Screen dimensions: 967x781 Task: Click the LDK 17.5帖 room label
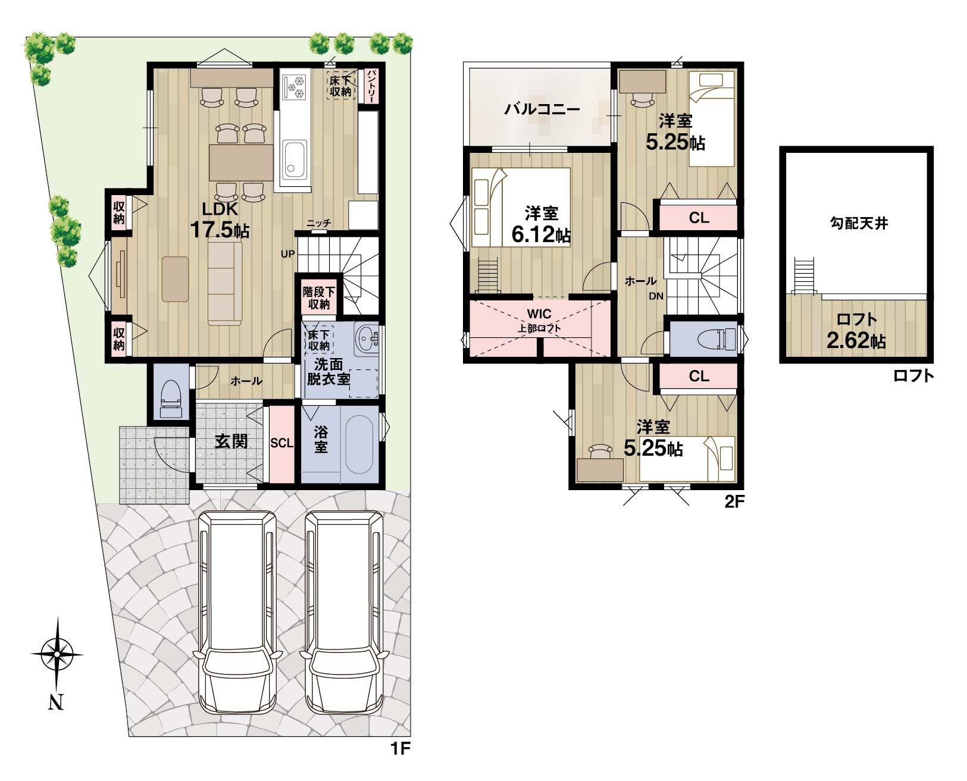(x=220, y=220)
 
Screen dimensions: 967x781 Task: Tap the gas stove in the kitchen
(x=294, y=87)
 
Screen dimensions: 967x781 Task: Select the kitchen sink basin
(x=295, y=159)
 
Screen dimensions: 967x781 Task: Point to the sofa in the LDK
(x=225, y=283)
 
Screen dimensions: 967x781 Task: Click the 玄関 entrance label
(x=231, y=441)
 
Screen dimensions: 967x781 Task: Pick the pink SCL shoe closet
(x=282, y=443)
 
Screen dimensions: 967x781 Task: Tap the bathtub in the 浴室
(x=359, y=444)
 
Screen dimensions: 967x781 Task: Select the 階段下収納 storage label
(x=319, y=298)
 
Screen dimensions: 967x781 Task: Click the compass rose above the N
(x=57, y=654)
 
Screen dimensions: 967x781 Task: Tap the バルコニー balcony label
(x=542, y=109)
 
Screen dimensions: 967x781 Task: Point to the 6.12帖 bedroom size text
(x=541, y=234)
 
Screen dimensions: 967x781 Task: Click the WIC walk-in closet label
(x=539, y=313)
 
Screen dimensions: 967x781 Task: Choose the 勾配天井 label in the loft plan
(x=859, y=223)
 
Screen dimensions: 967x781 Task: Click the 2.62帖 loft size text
(x=856, y=341)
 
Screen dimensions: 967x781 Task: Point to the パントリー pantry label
(x=371, y=86)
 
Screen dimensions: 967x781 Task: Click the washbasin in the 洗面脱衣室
(x=366, y=339)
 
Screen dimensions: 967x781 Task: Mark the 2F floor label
(x=734, y=501)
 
